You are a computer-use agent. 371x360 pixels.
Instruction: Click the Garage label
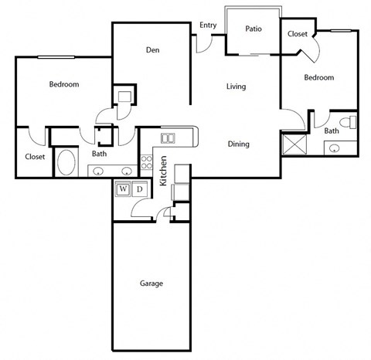pos(151,284)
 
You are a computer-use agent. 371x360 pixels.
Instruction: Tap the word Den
pos(152,51)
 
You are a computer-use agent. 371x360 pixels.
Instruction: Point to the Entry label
pos(208,25)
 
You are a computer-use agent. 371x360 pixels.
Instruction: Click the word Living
pos(236,87)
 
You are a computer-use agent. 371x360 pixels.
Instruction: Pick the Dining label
pos(238,144)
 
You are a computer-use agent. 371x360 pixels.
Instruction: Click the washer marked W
pos(122,188)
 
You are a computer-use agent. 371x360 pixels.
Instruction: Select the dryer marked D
pos(140,188)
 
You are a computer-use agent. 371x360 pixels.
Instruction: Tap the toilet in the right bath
pos(350,122)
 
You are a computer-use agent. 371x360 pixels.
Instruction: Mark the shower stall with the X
pos(294,144)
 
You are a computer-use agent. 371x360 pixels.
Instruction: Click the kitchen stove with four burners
pos(147,163)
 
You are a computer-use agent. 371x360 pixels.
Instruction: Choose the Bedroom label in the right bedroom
pos(318,78)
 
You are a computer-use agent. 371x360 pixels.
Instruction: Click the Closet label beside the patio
pos(298,34)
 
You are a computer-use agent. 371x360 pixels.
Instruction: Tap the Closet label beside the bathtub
pos(34,156)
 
